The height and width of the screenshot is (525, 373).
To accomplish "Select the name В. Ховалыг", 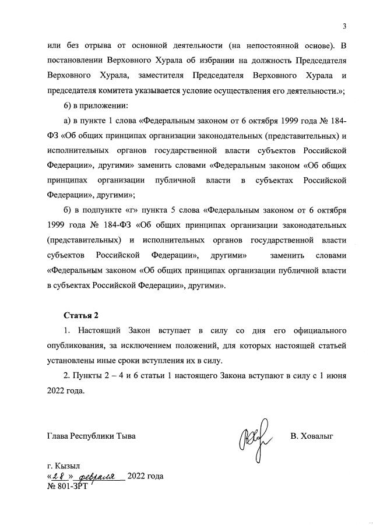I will click(x=311, y=436).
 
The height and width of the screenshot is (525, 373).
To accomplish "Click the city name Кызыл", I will click(x=68, y=466).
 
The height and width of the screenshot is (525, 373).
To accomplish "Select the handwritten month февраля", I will click(x=97, y=475).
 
